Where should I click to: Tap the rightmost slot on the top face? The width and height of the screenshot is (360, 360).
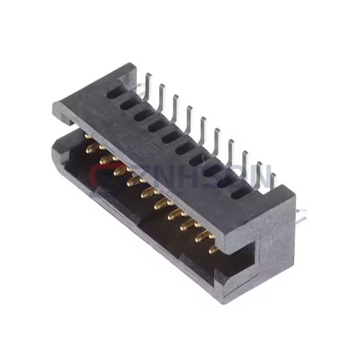click(238, 192)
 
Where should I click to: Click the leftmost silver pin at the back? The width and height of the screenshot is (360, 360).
click(148, 84)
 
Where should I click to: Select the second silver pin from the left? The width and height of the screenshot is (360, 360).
click(161, 95)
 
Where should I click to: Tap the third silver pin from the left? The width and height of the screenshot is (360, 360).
click(175, 105)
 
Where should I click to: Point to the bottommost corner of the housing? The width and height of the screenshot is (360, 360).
click(227, 300)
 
